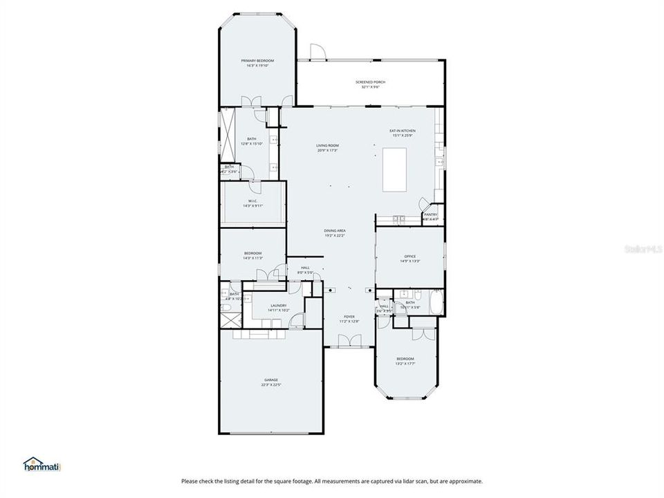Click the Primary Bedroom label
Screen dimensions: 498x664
pyautogui.click(x=257, y=61)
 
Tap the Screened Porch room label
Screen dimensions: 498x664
pyautogui.click(x=373, y=82)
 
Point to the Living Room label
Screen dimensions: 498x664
pyautogui.click(x=328, y=145)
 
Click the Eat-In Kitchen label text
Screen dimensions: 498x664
pyautogui.click(x=402, y=131)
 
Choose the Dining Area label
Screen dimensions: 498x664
pyautogui.click(x=335, y=230)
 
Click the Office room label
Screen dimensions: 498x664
pyautogui.click(x=410, y=256)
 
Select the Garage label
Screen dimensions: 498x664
pyautogui.click(x=270, y=380)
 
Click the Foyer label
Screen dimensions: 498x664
pyautogui.click(x=349, y=316)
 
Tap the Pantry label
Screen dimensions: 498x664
pyautogui.click(x=431, y=214)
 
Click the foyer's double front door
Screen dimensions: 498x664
pyautogui.click(x=349, y=340)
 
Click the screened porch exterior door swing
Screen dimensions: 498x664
pyautogui.click(x=317, y=52)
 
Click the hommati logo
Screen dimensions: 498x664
pyautogui.click(x=42, y=463)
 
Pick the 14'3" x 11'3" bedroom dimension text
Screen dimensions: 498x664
pyautogui.click(x=252, y=258)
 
